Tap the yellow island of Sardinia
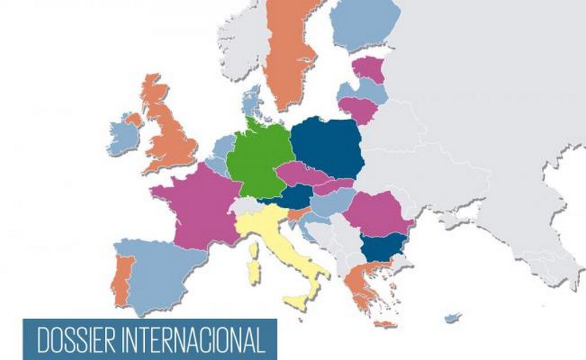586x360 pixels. coord(254,272)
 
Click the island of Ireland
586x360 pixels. coord(123,137)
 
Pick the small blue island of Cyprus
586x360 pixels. coord(453,317)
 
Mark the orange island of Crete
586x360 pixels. coord(385,325)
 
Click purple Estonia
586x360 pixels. coord(369,69)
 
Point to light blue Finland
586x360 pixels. coord(365,23)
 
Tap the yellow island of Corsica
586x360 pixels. coord(254,250)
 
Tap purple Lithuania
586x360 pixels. coord(358,108)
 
